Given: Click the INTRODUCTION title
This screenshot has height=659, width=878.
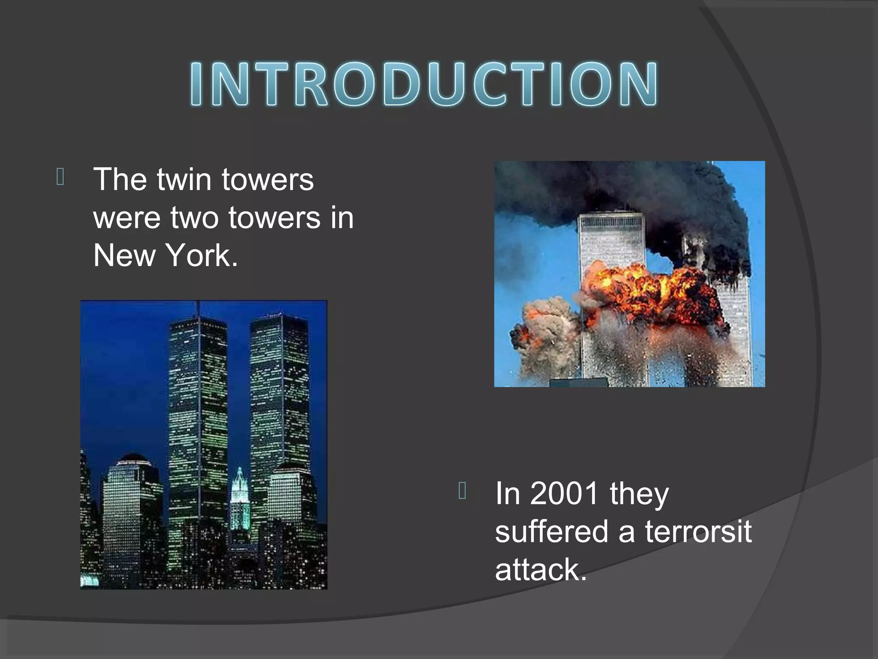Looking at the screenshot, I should [x=424, y=84].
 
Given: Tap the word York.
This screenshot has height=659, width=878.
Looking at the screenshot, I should [x=201, y=256].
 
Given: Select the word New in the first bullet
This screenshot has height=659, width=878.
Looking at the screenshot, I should [x=124, y=256].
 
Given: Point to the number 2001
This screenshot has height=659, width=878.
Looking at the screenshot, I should [x=564, y=493].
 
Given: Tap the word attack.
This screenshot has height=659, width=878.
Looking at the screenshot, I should [x=540, y=570].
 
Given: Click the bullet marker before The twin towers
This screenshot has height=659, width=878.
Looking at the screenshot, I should [x=60, y=177].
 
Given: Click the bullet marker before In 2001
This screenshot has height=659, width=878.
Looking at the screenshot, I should [x=462, y=490].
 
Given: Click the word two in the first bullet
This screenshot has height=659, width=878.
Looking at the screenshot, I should [x=194, y=218].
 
